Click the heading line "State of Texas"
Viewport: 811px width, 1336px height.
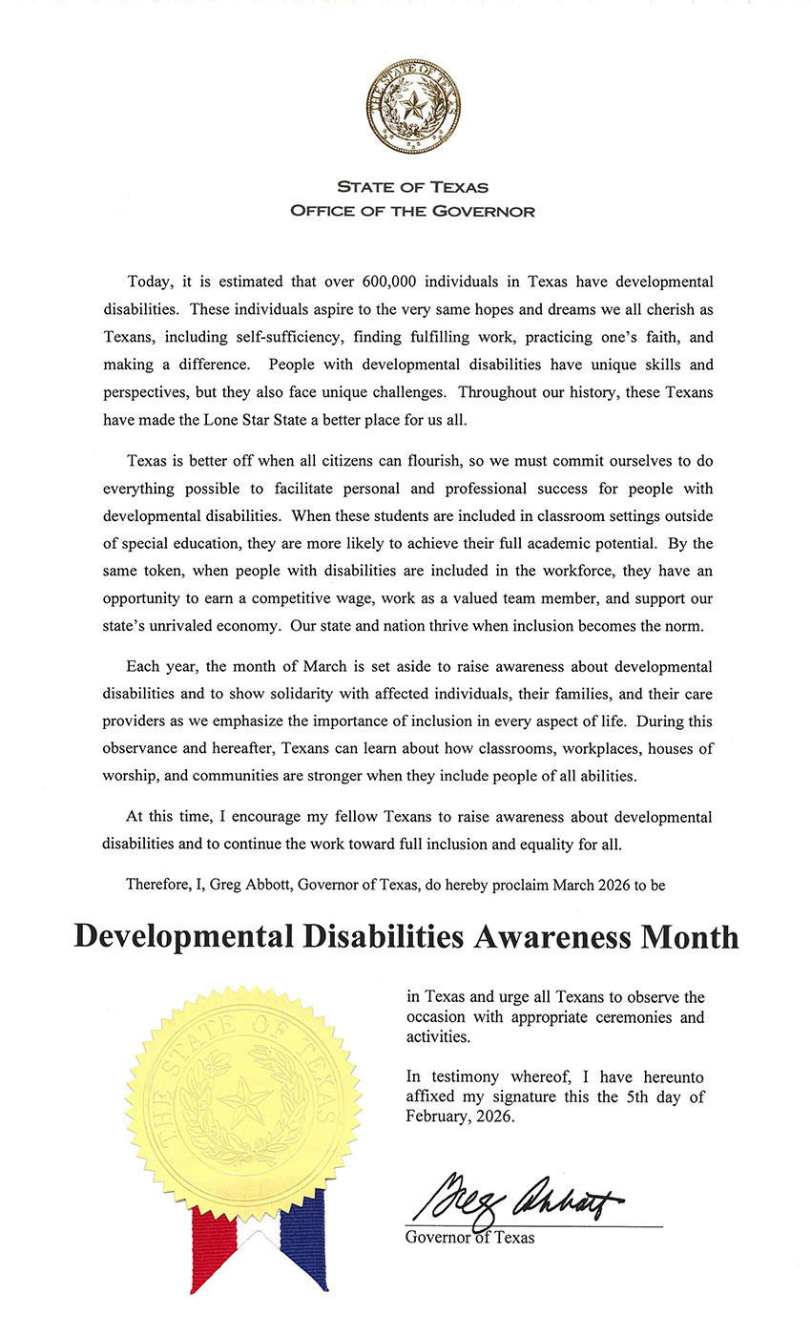coord(412,188)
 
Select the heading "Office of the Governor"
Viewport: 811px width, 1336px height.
coord(412,210)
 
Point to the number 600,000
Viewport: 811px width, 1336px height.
coord(393,283)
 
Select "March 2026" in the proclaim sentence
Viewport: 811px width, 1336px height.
coord(575,885)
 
